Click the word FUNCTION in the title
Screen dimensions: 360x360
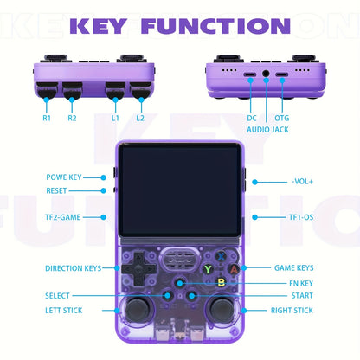coord(215,26)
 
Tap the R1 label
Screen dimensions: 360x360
coord(47,118)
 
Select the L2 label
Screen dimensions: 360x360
coord(140,118)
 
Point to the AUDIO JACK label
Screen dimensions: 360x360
coord(267,130)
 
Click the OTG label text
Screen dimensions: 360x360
coord(282,118)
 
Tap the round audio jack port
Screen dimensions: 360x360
coord(266,74)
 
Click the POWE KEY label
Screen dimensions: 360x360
coord(64,177)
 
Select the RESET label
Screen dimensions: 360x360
coord(56,190)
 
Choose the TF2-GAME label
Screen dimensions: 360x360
coord(63,217)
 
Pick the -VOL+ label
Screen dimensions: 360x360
coord(302,182)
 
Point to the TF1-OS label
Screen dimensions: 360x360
coord(301,217)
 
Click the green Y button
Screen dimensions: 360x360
coord(208,269)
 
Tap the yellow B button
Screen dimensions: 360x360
coord(222,282)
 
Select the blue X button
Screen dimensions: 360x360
coord(221,256)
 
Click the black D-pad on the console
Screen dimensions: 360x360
coord(139,269)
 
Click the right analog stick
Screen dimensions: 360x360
coord(222,308)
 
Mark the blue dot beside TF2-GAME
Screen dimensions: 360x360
coord(103,217)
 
